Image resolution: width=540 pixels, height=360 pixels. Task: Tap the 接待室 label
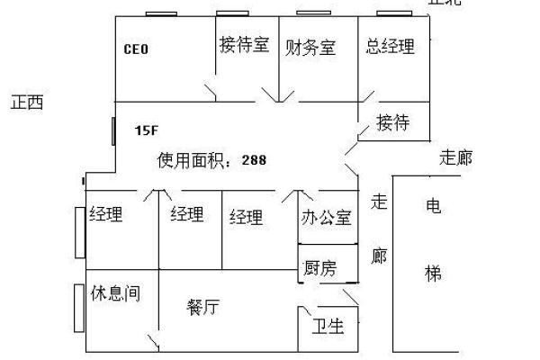point(244,45)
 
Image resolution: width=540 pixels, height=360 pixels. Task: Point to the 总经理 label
point(391,45)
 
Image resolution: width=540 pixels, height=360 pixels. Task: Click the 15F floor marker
point(146,130)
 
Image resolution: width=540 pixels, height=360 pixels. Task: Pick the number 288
point(254,160)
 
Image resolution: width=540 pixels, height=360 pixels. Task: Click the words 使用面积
point(193,160)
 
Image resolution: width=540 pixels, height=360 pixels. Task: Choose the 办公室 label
point(326,217)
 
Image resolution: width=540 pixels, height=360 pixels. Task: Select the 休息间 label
point(115,293)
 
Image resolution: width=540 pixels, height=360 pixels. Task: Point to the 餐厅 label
point(203,307)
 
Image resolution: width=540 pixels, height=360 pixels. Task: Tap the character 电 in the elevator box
point(433,204)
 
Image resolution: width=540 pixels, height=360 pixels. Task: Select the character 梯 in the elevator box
point(433,273)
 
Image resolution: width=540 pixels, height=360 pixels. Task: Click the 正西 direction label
point(27,103)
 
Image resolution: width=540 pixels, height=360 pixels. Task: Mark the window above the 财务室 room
point(312,13)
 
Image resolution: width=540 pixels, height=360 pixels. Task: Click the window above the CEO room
point(160,13)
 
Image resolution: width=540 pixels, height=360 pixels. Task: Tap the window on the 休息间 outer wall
point(78,307)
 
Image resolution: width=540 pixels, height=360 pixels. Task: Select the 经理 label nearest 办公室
point(246,216)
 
